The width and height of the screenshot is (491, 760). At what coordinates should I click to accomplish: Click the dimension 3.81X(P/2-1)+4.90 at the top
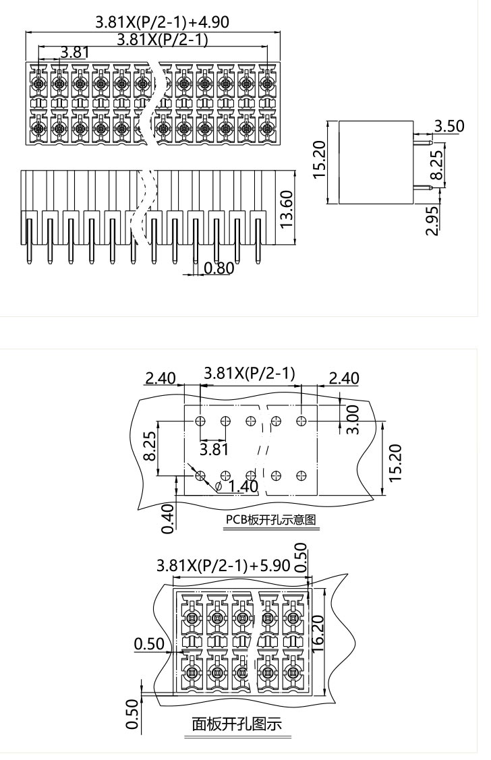point(162,22)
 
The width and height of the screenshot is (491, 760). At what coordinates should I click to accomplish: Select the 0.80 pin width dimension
point(218,268)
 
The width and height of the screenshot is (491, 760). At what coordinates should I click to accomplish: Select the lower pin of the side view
point(422,188)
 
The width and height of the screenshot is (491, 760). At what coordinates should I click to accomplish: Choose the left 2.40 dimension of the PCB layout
point(161,377)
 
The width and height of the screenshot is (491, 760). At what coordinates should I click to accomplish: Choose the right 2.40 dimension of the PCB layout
point(344,377)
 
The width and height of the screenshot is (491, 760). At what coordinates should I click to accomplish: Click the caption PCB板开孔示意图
point(270,520)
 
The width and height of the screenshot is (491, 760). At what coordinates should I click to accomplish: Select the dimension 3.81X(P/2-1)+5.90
point(223,565)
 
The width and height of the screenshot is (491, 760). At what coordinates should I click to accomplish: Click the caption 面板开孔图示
point(237,724)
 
